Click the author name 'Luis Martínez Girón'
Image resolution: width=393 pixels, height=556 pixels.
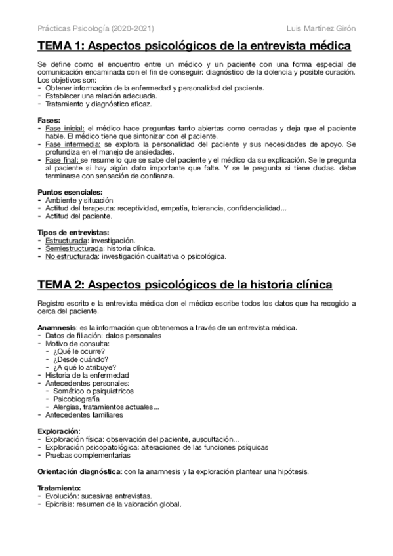321,28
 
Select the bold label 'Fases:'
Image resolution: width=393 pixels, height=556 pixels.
49,121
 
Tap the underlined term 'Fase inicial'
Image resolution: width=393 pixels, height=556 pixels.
64,129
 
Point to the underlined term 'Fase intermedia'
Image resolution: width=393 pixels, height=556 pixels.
72,143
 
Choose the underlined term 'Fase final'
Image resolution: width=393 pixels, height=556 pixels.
62,159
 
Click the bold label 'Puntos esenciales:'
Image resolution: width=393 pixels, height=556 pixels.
65,191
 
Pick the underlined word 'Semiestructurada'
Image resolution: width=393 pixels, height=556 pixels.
74,248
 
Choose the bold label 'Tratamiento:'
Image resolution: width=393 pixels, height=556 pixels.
59,488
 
